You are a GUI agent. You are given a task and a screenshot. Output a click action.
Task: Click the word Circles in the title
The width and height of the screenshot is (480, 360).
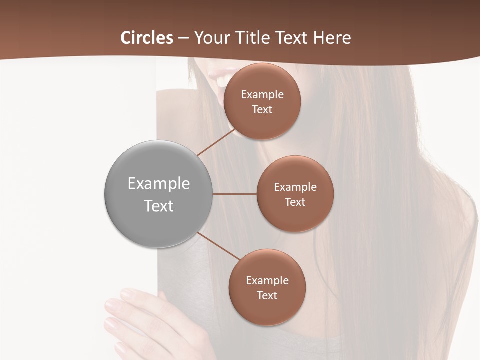147,38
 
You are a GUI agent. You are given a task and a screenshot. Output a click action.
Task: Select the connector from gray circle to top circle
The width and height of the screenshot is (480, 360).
216,142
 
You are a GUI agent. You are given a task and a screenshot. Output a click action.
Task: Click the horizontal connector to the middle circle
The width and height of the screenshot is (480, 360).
235,194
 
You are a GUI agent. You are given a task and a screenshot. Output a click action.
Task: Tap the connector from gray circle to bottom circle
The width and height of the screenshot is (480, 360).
219,246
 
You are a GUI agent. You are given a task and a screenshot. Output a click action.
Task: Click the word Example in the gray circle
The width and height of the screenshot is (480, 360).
159,184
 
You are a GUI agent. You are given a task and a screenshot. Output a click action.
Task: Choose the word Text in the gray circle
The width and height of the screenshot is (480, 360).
159,206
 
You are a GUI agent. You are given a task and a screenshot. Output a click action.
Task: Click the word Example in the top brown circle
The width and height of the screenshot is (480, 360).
262,95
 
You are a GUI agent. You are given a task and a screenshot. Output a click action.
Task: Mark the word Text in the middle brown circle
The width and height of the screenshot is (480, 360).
295,202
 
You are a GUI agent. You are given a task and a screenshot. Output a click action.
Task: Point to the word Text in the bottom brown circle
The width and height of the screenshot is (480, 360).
267,296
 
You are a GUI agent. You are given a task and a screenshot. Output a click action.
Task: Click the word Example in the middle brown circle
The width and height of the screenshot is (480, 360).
295,187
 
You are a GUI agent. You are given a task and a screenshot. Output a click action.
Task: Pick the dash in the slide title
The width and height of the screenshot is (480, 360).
183,38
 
